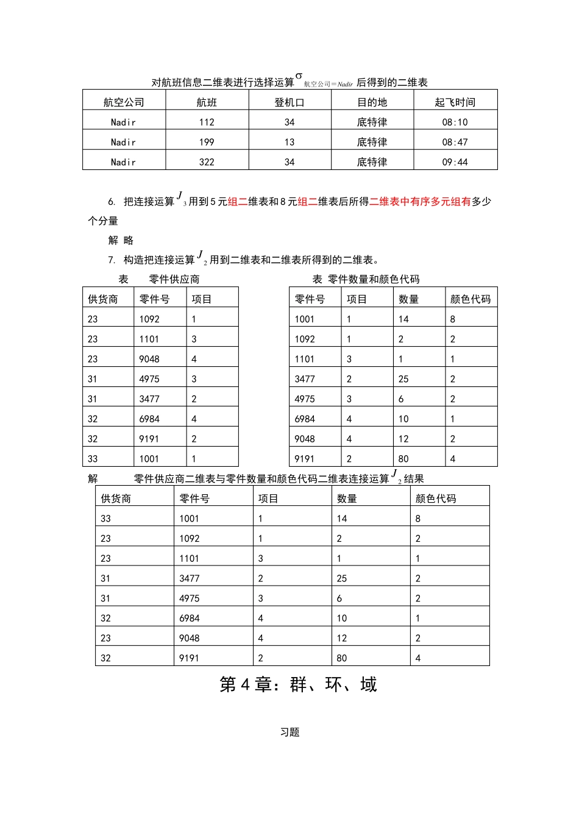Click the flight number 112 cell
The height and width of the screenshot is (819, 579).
click(x=207, y=122)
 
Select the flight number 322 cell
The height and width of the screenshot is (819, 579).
click(x=207, y=162)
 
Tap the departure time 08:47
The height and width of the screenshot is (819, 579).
click(x=455, y=143)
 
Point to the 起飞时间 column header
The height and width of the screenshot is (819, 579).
click(x=455, y=102)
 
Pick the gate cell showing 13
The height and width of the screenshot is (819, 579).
click(x=289, y=143)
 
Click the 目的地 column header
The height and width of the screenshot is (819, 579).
click(x=372, y=102)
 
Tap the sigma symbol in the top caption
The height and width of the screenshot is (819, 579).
click(x=299, y=76)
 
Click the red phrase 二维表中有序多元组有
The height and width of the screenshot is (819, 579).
click(x=420, y=202)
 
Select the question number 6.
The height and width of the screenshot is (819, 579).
click(x=112, y=202)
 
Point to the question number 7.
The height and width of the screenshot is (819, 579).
click(x=112, y=260)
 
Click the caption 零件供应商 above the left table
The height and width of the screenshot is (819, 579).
click(x=174, y=280)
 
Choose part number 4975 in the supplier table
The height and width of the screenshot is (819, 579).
click(x=149, y=379)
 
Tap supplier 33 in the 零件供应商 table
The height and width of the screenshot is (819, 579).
click(x=93, y=459)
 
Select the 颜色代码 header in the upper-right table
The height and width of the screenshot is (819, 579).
click(x=470, y=299)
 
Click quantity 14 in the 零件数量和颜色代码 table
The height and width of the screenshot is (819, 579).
click(x=403, y=319)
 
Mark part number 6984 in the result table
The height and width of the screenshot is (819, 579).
click(x=190, y=619)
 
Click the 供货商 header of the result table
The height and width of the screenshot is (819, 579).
click(x=116, y=498)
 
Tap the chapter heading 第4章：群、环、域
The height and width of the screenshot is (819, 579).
click(x=298, y=685)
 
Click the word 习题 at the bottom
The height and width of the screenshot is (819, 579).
click(x=289, y=732)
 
